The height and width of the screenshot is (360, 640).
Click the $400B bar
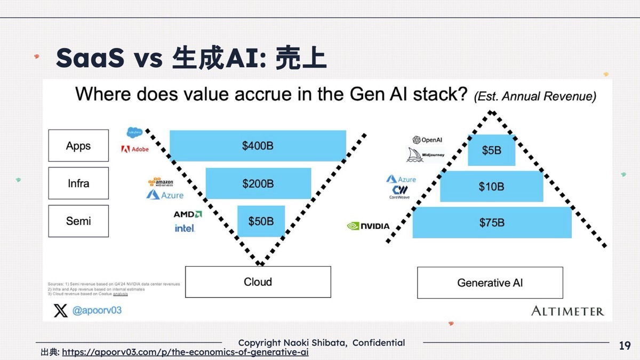[x=258, y=146]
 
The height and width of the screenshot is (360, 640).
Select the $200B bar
[x=258, y=183]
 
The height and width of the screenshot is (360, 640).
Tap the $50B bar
[x=261, y=221]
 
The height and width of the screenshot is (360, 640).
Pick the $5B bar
[x=491, y=150]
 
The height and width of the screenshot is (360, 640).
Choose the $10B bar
[x=491, y=187]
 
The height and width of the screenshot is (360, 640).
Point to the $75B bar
[x=492, y=222]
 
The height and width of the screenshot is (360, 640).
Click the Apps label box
[x=78, y=146]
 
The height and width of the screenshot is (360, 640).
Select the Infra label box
[x=78, y=183]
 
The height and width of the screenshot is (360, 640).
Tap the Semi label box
[x=78, y=221]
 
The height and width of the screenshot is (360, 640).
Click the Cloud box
[x=258, y=282]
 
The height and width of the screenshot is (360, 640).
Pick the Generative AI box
[x=490, y=283]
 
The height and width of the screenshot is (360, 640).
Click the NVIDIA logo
[x=369, y=226]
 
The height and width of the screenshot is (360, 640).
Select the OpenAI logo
[x=428, y=140]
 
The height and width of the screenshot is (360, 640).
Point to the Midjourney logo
[x=426, y=155]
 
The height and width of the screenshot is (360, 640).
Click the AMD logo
[x=188, y=214]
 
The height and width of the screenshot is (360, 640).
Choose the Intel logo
[x=185, y=228]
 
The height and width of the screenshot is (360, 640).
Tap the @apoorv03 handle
[x=97, y=310]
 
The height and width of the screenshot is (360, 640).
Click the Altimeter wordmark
[x=567, y=311]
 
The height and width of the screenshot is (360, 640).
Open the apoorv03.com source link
[x=185, y=353]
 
